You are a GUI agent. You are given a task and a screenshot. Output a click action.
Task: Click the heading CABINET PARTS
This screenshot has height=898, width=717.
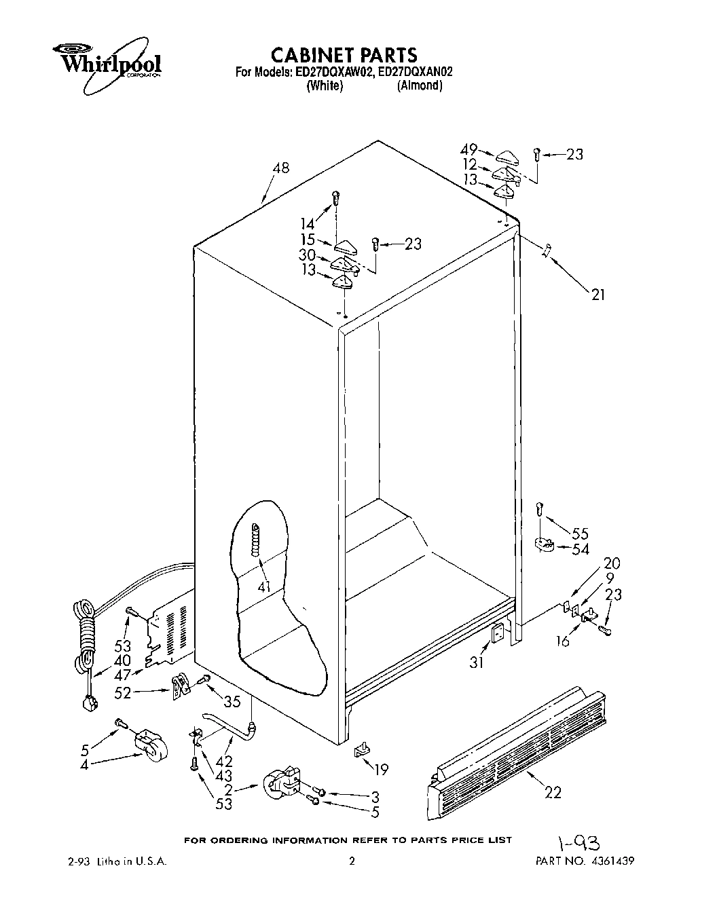point(344,54)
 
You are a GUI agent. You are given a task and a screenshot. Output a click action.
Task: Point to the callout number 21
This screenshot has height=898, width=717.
point(597,294)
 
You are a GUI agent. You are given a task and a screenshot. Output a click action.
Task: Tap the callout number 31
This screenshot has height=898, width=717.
point(477,662)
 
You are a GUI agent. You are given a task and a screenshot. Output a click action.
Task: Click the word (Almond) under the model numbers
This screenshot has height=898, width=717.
point(420,86)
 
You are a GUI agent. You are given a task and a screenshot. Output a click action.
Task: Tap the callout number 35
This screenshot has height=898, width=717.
point(232,702)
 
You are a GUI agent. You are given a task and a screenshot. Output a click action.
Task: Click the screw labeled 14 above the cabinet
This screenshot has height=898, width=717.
point(335,198)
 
